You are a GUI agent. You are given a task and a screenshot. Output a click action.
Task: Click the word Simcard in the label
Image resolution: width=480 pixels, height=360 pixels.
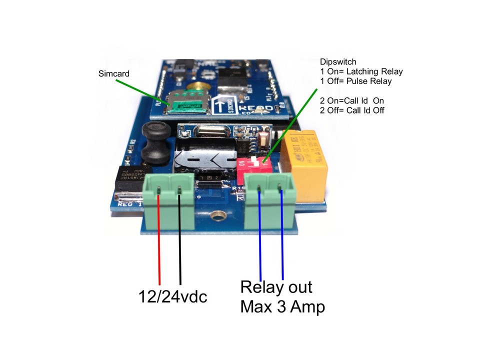[113, 73]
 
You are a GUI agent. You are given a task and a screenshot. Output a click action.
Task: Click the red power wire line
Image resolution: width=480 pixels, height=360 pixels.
[159, 240]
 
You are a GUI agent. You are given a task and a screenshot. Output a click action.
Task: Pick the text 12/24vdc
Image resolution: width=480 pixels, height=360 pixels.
[172, 297]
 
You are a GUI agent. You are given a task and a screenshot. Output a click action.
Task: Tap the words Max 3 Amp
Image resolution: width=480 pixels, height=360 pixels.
[282, 306]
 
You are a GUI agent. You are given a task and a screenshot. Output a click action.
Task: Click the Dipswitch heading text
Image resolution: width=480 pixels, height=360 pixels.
[338, 62]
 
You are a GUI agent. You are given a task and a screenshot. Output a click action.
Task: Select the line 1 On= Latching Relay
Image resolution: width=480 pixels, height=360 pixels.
[361, 71]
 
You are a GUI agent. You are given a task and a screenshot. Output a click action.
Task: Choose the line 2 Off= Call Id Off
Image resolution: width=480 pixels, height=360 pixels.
[352, 110]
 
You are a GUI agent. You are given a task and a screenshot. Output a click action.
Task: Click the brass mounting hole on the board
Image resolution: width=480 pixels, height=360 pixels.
[216, 216]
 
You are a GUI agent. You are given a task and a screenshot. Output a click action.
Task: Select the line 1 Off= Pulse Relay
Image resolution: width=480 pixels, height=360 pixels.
[355, 81]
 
